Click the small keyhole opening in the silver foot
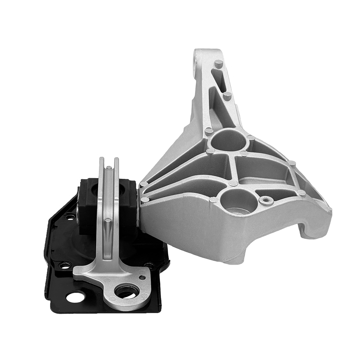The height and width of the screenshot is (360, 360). pyautogui.click(x=143, y=276)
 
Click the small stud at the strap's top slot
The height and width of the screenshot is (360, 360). pyautogui.click(x=109, y=167)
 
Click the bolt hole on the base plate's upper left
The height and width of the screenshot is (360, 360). pyautogui.click(x=71, y=216)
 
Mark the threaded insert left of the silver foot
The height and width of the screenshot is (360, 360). pyautogui.click(x=64, y=265)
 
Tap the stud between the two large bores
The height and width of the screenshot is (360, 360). pyautogui.click(x=233, y=183)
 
